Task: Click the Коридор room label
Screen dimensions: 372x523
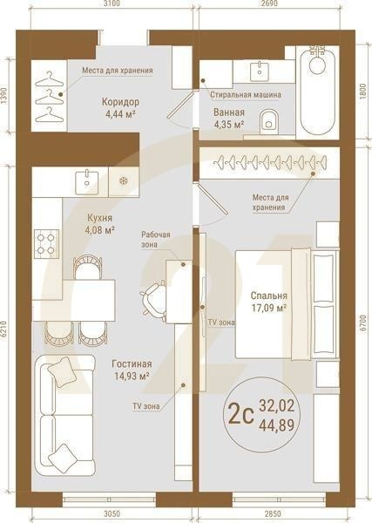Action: point(120,102)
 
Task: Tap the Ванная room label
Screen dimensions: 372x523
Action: point(228,112)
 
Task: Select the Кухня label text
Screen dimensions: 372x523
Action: point(99,218)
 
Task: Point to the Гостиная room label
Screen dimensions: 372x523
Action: point(132,363)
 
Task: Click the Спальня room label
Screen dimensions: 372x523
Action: point(268,295)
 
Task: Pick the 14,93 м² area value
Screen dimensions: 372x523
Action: point(132,377)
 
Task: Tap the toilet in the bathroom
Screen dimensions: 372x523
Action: point(268,120)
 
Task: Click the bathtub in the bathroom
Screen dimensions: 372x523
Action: point(317,92)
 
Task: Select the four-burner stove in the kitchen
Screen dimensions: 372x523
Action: point(46,243)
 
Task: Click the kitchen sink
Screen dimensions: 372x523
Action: point(87,182)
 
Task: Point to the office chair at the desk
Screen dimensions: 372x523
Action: point(153,302)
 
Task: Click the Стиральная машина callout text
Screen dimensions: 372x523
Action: point(246,95)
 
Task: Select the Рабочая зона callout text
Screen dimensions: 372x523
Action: point(156,240)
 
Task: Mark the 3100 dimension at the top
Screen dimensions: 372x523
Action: point(112,3)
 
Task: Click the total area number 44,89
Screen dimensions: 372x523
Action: point(277,425)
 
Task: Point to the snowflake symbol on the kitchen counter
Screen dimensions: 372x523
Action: point(124,181)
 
